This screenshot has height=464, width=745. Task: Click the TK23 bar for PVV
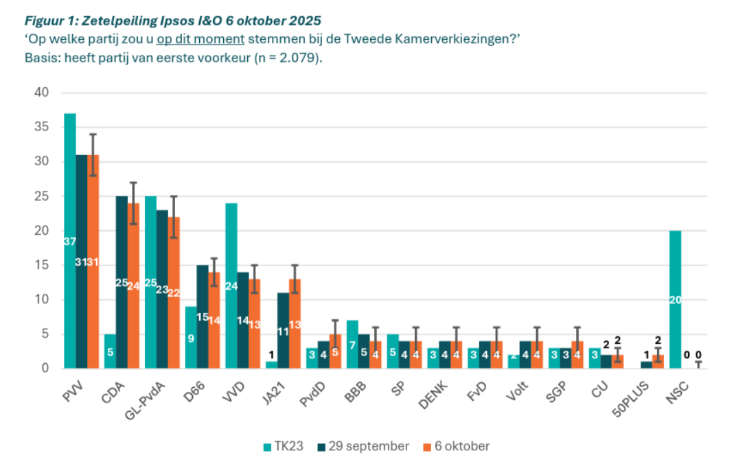(69, 240)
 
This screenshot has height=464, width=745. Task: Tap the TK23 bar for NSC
(675, 299)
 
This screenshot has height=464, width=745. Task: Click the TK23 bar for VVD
(231, 286)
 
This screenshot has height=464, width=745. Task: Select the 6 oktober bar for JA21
(295, 323)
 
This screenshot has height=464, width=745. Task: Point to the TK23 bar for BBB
(352, 344)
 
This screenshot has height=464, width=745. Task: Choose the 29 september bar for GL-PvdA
(162, 289)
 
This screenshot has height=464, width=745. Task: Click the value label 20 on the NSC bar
(675, 299)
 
